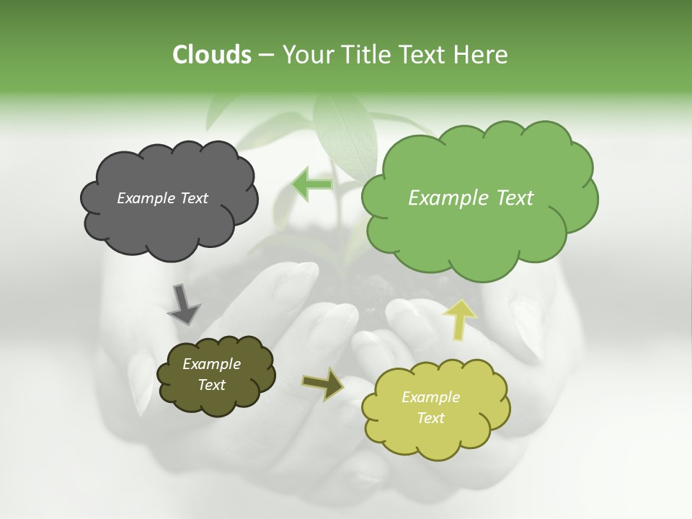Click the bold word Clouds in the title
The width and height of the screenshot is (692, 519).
pos(211,55)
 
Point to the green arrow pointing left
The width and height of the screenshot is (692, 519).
pos(312,185)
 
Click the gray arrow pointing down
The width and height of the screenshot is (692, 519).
pos(183,303)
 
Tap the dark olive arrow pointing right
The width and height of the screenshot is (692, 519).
pos(324,383)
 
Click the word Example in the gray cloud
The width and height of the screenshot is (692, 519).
pos(145,198)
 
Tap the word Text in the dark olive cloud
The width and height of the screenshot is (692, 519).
pos(211,385)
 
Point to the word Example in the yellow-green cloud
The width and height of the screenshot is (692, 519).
pos(430,397)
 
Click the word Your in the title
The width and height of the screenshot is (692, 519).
pos(309,55)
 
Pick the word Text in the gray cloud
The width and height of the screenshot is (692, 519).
pos(192,198)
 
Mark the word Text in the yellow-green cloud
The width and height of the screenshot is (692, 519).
pos(430,418)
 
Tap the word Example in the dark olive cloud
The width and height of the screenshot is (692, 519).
pos(211,364)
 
